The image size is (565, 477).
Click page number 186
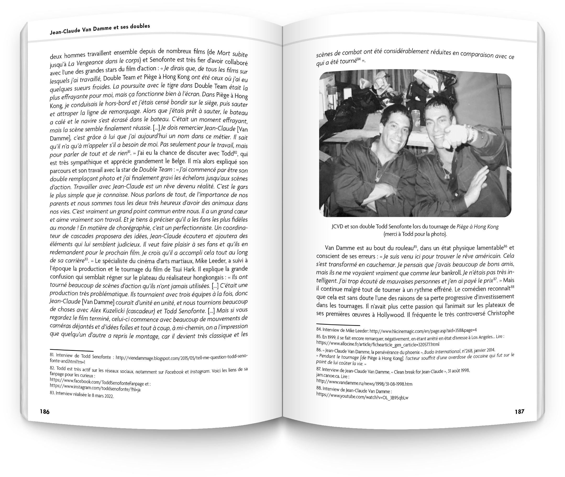tap(45, 411)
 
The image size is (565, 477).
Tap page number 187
tap(519, 411)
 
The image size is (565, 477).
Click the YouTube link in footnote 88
tap(362, 397)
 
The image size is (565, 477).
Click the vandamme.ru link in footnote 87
tap(364, 384)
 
